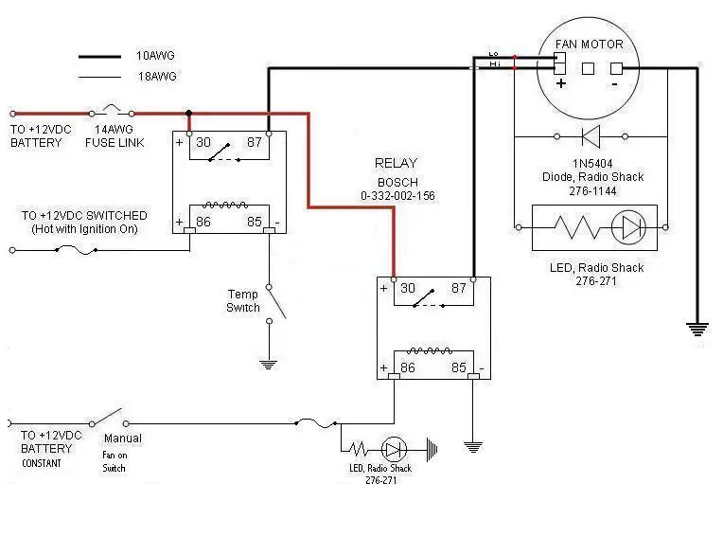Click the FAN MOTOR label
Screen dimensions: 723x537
pyautogui.click(x=589, y=45)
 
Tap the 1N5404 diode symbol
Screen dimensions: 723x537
pyautogui.click(x=591, y=136)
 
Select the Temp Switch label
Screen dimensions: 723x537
pyautogui.click(x=243, y=301)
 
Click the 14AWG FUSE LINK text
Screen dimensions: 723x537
pyautogui.click(x=115, y=136)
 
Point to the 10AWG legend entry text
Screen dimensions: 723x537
pyautogui.click(x=155, y=56)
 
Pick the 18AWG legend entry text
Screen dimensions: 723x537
pyautogui.click(x=157, y=76)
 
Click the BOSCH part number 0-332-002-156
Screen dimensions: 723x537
pyautogui.click(x=397, y=196)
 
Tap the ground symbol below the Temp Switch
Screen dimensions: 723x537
pyautogui.click(x=269, y=365)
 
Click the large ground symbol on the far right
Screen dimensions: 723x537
pyautogui.click(x=697, y=330)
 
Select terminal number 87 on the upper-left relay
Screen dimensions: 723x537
pyautogui.click(x=254, y=142)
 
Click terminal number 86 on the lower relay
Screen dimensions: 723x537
pyautogui.click(x=408, y=367)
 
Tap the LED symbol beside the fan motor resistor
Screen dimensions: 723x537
pyautogui.click(x=628, y=227)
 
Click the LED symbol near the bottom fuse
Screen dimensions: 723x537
pyautogui.click(x=394, y=449)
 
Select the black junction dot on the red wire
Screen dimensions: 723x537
pyautogui.click(x=188, y=113)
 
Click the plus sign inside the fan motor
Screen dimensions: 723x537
pyautogui.click(x=560, y=83)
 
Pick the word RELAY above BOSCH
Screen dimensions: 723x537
pyautogui.click(x=396, y=163)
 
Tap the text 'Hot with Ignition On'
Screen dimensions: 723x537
pyautogui.click(x=84, y=229)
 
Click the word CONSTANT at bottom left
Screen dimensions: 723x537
pyautogui.click(x=41, y=463)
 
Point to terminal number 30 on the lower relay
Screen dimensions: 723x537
pyautogui.click(x=408, y=288)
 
